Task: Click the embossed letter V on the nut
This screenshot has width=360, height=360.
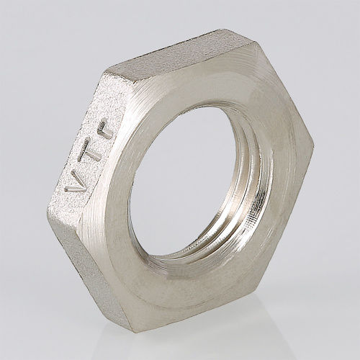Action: point(73,181)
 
